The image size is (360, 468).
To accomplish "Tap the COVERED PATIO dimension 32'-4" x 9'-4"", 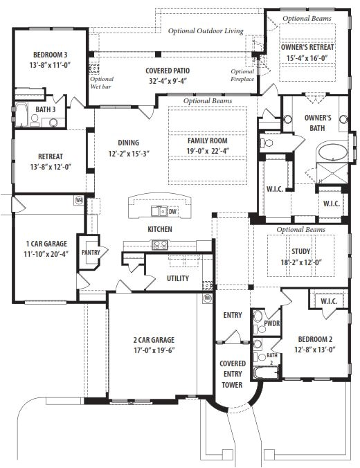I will [x=168, y=81].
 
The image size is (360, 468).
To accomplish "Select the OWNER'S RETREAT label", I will [x=307, y=47].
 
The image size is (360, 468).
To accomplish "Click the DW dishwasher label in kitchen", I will [x=173, y=211].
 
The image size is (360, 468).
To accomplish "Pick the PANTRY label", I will [x=91, y=253].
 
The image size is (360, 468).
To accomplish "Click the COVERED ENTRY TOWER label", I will [x=231, y=375].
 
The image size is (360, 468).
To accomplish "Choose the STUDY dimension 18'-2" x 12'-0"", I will [x=300, y=262].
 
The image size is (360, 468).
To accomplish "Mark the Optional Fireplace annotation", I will [x=242, y=75].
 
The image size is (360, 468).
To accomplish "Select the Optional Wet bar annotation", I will [x=102, y=82].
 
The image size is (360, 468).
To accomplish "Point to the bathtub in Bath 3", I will [x=21, y=114].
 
